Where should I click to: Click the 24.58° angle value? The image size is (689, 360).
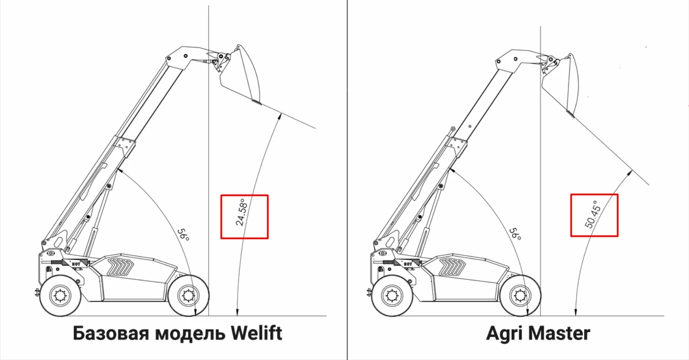(x=241, y=212)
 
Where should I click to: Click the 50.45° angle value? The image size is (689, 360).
(x=592, y=214)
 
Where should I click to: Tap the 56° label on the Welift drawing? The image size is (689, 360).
(x=184, y=234)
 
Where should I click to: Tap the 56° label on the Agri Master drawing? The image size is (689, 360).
(x=515, y=234)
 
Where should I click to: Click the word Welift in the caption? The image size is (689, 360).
(x=256, y=333)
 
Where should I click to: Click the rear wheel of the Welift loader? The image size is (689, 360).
(x=60, y=296)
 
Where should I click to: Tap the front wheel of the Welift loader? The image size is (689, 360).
(x=188, y=296)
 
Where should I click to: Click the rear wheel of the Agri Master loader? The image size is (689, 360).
(x=392, y=296)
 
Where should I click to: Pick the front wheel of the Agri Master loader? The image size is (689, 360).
(x=520, y=296)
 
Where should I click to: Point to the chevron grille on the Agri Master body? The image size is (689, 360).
(x=452, y=267)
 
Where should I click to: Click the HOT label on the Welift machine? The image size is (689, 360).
(x=76, y=264)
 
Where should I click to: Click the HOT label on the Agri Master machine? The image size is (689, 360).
(x=408, y=264)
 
